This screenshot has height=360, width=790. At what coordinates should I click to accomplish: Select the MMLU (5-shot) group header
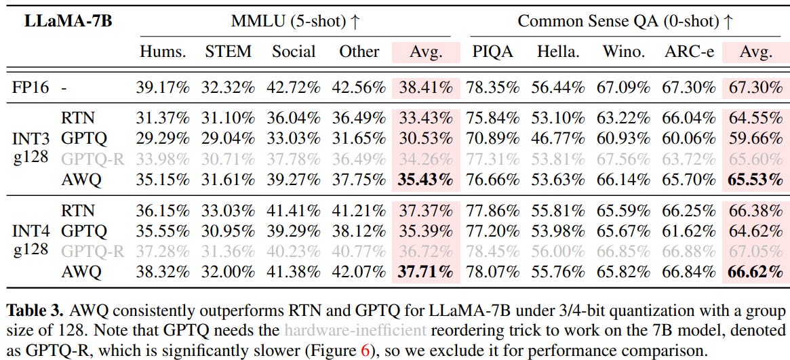pyautogui.click(x=296, y=21)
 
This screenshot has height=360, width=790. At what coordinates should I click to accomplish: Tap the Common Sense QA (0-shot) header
pyautogui.click(x=625, y=21)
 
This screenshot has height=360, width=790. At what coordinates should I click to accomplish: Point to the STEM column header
pyautogui.click(x=228, y=52)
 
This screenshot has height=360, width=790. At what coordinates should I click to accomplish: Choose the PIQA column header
pyautogui.click(x=492, y=52)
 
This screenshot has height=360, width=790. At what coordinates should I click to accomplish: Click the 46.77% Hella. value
pyautogui.click(x=558, y=138)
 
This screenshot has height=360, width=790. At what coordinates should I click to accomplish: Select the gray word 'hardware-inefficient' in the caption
pyautogui.click(x=368, y=332)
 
